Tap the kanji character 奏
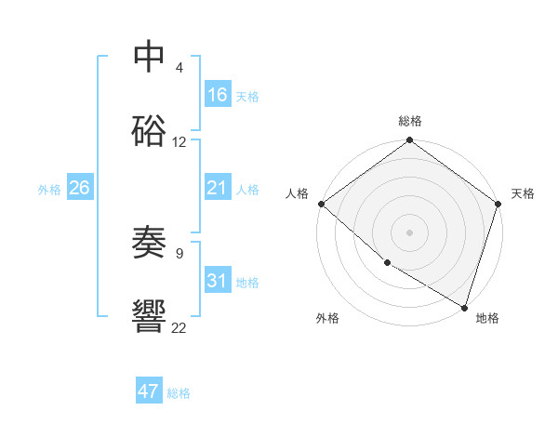click(x=150, y=243)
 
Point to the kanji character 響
click(x=150, y=317)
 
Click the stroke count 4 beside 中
click(x=179, y=68)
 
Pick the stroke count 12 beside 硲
click(x=179, y=142)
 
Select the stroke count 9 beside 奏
click(x=179, y=252)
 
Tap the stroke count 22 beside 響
click(x=179, y=326)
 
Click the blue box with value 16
click(x=218, y=95)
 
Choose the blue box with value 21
click(x=218, y=188)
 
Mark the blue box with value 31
click(x=218, y=281)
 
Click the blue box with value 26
click(x=79, y=188)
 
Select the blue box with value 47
click(x=149, y=391)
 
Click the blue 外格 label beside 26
click(x=49, y=189)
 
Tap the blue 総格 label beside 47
click(x=179, y=393)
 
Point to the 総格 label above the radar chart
click(x=409, y=121)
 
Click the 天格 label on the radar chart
click(x=523, y=193)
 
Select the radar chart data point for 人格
click(x=321, y=204)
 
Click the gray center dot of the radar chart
click(x=409, y=232)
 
